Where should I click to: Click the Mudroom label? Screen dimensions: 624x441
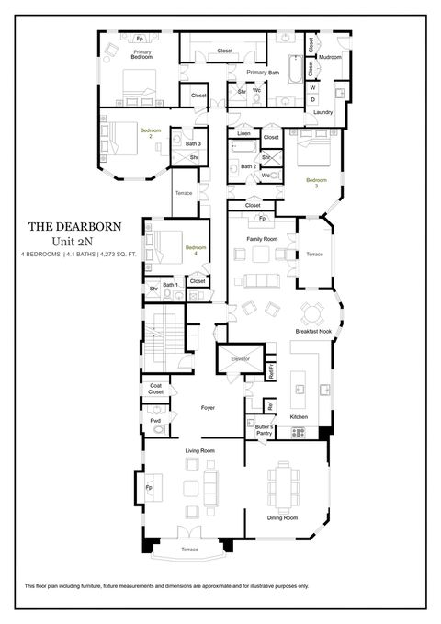(331, 57)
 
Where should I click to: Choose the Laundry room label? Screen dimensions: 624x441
(322, 112)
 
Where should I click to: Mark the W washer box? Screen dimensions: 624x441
(312, 87)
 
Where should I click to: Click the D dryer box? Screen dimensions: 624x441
(312, 99)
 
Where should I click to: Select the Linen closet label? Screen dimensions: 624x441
(243, 134)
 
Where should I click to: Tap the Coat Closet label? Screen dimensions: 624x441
(155, 389)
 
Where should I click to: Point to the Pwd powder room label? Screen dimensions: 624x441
(154, 421)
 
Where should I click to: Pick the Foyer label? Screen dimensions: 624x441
(208, 407)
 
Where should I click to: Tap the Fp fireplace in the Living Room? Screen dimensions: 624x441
(149, 487)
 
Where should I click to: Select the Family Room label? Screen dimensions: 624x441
(262, 238)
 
